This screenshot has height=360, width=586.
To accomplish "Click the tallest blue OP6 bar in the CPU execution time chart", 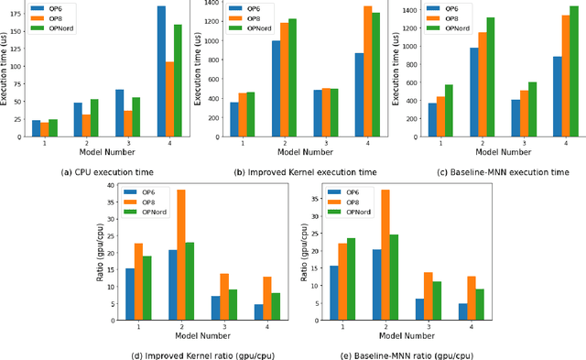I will [161, 71].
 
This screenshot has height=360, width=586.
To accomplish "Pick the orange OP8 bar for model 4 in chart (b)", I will [367, 71].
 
